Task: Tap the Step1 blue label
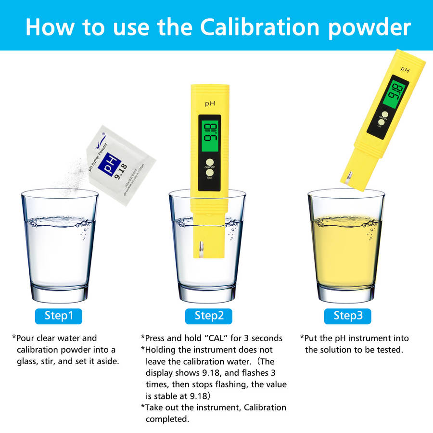coord(59,316)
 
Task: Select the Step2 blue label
coord(209,316)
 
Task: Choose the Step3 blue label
coord(348,316)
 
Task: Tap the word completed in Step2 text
coord(167,419)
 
